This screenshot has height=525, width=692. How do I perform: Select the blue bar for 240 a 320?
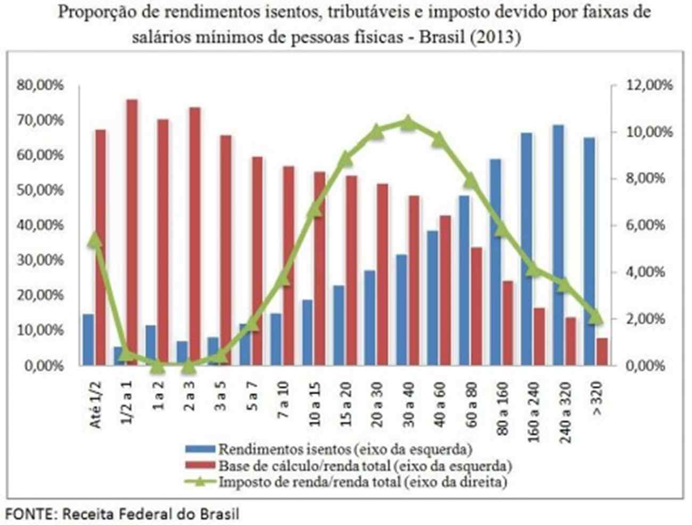pyautogui.click(x=558, y=245)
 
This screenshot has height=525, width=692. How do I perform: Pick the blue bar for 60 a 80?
pyautogui.click(x=464, y=280)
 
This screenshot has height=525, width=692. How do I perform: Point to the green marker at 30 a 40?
pyautogui.click(x=408, y=122)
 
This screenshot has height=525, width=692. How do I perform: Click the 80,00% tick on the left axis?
pyautogui.click(x=41, y=85)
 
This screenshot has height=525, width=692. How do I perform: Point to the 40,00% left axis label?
pyautogui.click(x=41, y=225)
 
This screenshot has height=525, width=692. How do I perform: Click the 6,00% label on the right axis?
pyautogui.click(x=646, y=225)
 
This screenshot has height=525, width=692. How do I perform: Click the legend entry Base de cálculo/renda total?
pyautogui.click(x=365, y=466)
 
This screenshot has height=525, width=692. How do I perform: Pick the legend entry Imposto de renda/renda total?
pyautogui.click(x=362, y=482)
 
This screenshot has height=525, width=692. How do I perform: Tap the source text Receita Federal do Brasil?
pyautogui.click(x=151, y=514)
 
